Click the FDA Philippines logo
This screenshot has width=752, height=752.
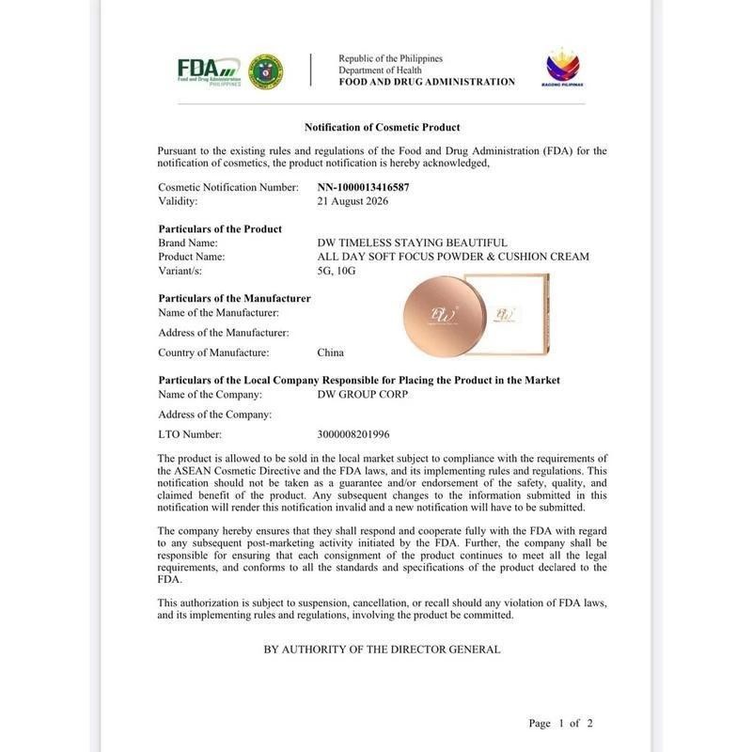[x=209, y=70]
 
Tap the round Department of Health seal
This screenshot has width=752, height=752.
[x=265, y=70]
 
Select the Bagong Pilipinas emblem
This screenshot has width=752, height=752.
[x=563, y=68]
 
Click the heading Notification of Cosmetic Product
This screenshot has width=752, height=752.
[x=382, y=127]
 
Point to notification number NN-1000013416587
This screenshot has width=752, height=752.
[x=363, y=187]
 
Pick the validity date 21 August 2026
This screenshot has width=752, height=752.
[x=352, y=201]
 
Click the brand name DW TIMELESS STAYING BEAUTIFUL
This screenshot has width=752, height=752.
[x=413, y=243]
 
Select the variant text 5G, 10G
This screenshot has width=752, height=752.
[x=337, y=271]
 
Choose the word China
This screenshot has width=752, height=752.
[x=331, y=352]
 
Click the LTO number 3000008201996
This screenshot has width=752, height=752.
[x=353, y=434]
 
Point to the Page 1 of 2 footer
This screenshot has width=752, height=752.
[x=560, y=723]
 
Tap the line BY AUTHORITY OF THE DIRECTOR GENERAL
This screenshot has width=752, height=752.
[x=382, y=650]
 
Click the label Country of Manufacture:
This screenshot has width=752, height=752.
[x=213, y=352]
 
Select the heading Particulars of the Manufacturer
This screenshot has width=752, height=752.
[x=234, y=298]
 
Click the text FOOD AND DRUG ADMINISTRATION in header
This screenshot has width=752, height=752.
[x=427, y=82]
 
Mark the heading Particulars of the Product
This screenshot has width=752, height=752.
[x=220, y=228]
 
